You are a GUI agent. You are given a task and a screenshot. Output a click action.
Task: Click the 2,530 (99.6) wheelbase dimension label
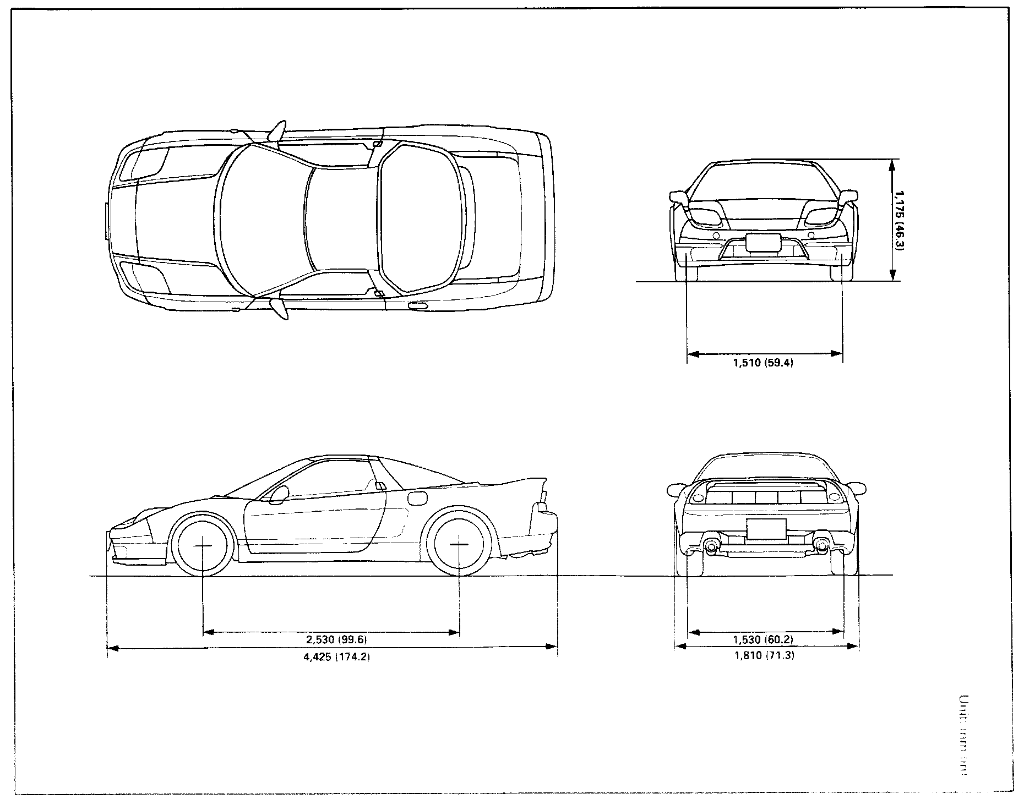tap(336, 639)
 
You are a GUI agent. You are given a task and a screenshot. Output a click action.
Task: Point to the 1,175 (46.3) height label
tap(899, 220)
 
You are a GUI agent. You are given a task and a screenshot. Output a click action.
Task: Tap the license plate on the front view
tap(764, 243)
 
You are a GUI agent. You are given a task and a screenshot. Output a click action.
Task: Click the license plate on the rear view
tap(766, 529)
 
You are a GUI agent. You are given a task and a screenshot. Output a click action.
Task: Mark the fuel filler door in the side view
tap(417, 497)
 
